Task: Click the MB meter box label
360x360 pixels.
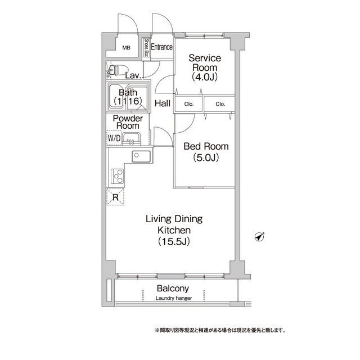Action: (126, 48)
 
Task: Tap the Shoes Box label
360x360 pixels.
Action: (146, 48)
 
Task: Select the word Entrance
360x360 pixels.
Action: (161, 47)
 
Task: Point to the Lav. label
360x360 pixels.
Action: (133, 76)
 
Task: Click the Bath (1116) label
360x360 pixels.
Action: (128, 97)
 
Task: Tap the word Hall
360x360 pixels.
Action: (163, 103)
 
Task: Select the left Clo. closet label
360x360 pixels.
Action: (189, 104)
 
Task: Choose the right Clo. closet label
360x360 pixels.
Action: (220, 104)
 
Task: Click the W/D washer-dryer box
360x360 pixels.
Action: (114, 138)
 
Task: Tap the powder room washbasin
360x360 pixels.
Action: (131, 139)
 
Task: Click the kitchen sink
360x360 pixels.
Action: (141, 156)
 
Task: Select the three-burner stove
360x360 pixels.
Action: (118, 176)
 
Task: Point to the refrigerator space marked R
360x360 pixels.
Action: (115, 196)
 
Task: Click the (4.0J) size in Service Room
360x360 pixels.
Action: (205, 77)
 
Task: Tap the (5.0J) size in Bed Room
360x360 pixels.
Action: (206, 157)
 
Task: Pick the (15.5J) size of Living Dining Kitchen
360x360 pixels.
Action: (174, 241)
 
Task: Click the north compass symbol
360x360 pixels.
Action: (260, 236)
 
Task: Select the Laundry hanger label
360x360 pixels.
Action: (174, 298)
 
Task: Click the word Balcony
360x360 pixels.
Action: (173, 289)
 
